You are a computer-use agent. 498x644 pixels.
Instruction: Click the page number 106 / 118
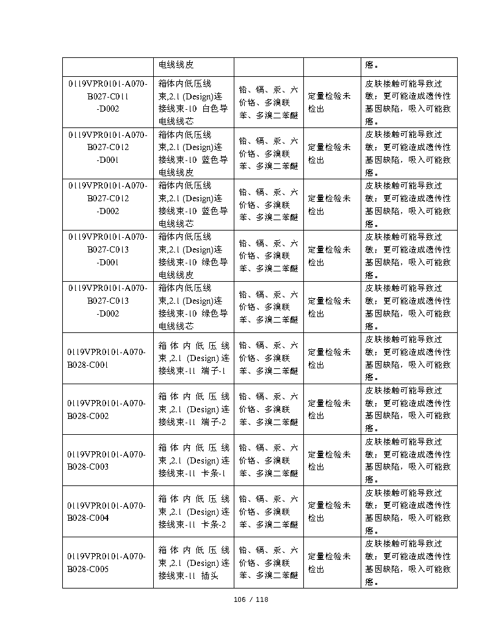click(251, 599)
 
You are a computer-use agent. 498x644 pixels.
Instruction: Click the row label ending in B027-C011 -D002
click(107, 96)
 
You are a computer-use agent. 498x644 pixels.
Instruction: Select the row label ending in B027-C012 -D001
click(107, 147)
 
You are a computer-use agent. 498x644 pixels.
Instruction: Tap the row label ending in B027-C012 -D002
click(107, 198)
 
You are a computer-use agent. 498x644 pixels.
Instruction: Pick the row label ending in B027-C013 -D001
click(107, 249)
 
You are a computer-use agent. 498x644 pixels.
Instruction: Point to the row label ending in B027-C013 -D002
click(107, 301)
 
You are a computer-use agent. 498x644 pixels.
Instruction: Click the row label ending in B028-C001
click(107, 358)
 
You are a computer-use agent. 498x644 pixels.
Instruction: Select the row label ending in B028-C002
click(107, 409)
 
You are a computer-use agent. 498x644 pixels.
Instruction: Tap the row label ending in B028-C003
click(107, 460)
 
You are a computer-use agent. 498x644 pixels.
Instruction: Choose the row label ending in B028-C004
click(107, 512)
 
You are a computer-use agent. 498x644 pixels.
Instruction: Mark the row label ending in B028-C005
click(107, 563)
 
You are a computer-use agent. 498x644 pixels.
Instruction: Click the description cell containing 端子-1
click(193, 358)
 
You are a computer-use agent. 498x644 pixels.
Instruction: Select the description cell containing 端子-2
click(193, 409)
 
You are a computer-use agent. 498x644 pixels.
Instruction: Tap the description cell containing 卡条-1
click(193, 460)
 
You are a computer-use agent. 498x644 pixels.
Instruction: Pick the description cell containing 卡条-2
click(193, 512)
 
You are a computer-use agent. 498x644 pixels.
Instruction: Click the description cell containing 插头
click(193, 563)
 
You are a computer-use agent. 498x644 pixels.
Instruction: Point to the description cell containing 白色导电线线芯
click(193, 102)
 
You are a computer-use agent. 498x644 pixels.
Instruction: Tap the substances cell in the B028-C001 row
click(269, 358)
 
